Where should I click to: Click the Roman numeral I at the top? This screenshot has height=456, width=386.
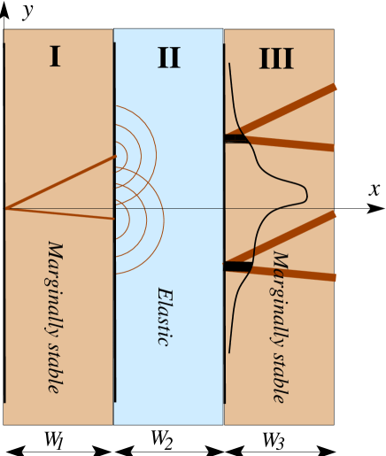pos(55,58)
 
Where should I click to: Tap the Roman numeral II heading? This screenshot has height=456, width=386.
pos(168,58)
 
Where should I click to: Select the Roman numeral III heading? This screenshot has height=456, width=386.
pos(276,59)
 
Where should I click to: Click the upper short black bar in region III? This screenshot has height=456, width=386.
pos(235,138)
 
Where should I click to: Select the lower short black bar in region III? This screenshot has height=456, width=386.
pos(236,267)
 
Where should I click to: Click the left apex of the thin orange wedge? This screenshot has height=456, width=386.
pos(8,208)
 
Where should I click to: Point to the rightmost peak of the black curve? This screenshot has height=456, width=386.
pos(306,191)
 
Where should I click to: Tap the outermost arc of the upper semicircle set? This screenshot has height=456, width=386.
pos(156,156)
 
